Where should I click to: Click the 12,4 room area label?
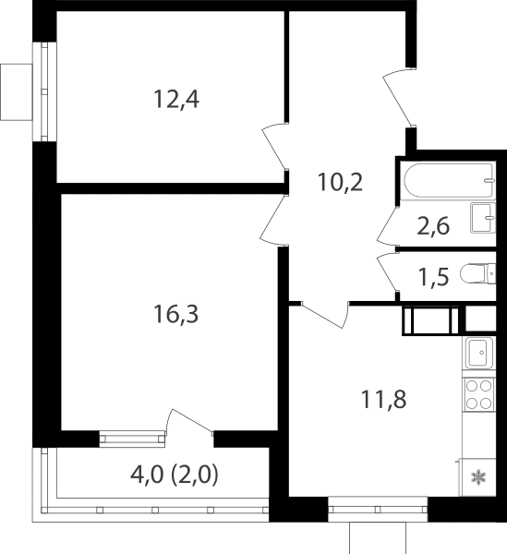click(x=176, y=100)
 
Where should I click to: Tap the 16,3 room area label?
click(x=176, y=314)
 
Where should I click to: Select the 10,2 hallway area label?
click(x=340, y=182)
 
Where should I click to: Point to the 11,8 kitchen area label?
click(x=383, y=399)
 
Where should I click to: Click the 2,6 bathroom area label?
click(x=433, y=226)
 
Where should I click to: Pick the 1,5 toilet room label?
click(x=433, y=276)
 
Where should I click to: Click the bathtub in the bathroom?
click(x=449, y=181)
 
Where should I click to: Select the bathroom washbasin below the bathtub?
click(x=483, y=218)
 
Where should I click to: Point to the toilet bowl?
click(x=478, y=273)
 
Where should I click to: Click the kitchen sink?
click(x=480, y=353)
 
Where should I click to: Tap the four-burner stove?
click(x=479, y=394)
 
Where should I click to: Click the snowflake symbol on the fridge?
click(x=478, y=477)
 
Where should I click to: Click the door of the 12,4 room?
click(x=274, y=147)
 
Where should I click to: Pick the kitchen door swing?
click(x=325, y=315)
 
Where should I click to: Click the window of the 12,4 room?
click(x=44, y=91)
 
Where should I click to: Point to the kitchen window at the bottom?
click(x=378, y=509)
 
